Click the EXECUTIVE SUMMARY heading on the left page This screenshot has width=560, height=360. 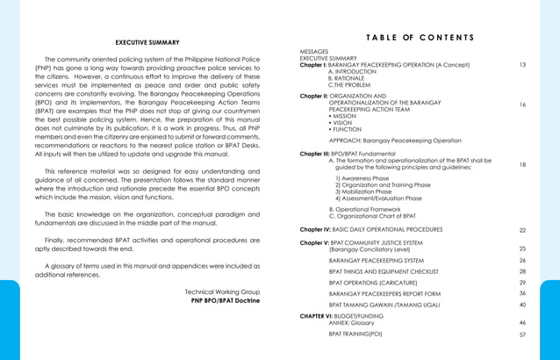click(147, 42)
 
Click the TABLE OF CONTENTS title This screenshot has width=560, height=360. click(420, 37)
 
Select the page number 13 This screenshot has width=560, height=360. click(523, 65)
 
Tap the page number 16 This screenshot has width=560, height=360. click(523, 104)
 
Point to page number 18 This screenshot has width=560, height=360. click(523, 164)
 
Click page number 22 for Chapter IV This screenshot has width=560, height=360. click(523, 229)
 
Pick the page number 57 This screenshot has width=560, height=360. click(523, 335)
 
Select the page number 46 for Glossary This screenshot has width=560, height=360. click(523, 323)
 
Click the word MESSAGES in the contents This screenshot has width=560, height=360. click(314, 52)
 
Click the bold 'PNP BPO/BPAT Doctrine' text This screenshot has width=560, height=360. click(226, 300)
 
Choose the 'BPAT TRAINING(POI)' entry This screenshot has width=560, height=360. click(355, 335)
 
